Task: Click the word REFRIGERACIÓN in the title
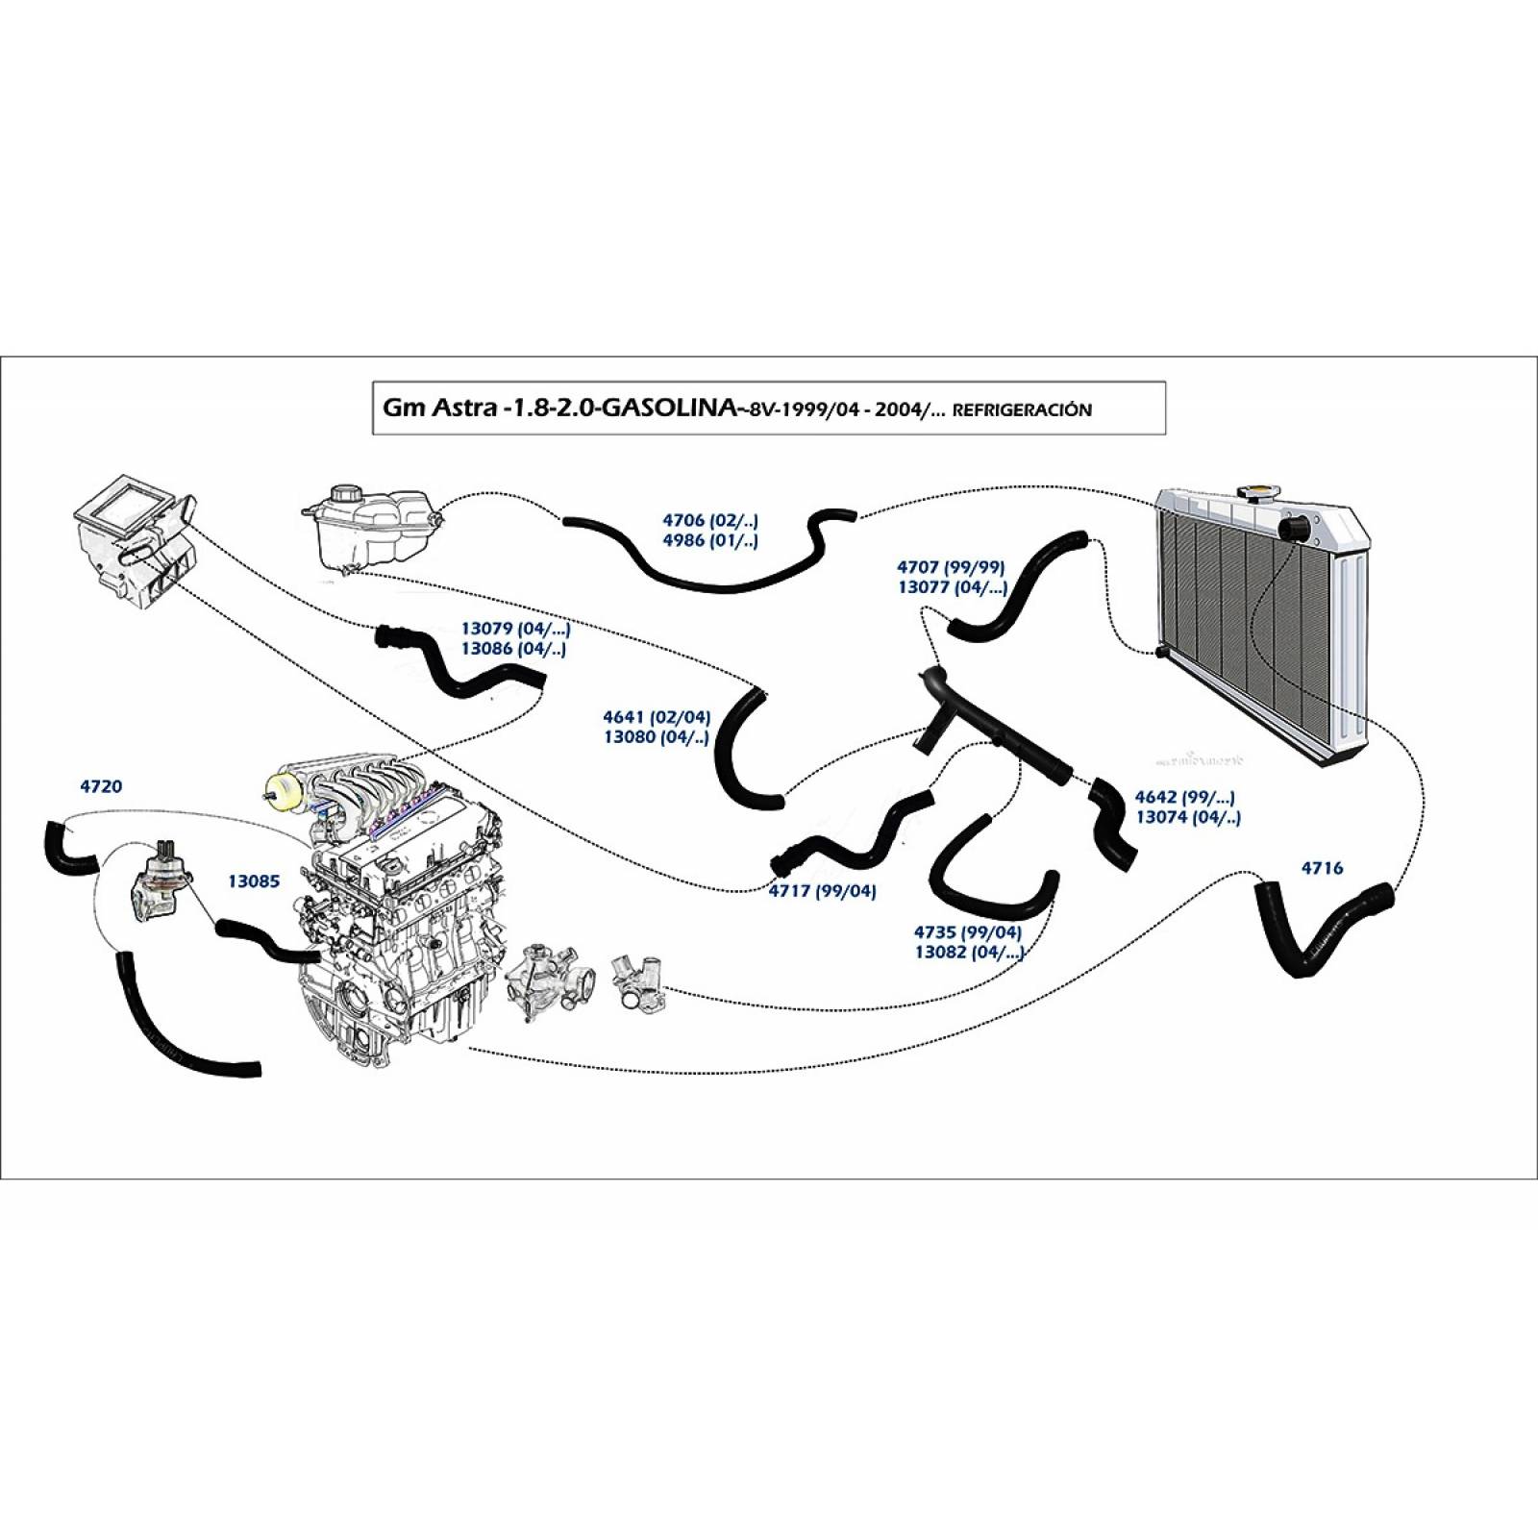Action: click(1021, 410)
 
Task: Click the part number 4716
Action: click(1322, 868)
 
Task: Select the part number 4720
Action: click(101, 786)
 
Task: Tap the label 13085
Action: click(254, 881)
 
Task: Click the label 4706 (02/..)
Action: click(710, 520)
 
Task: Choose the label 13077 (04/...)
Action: click(952, 587)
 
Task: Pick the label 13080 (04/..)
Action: click(656, 737)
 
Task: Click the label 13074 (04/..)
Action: click(1188, 817)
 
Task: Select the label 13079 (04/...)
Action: click(515, 629)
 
